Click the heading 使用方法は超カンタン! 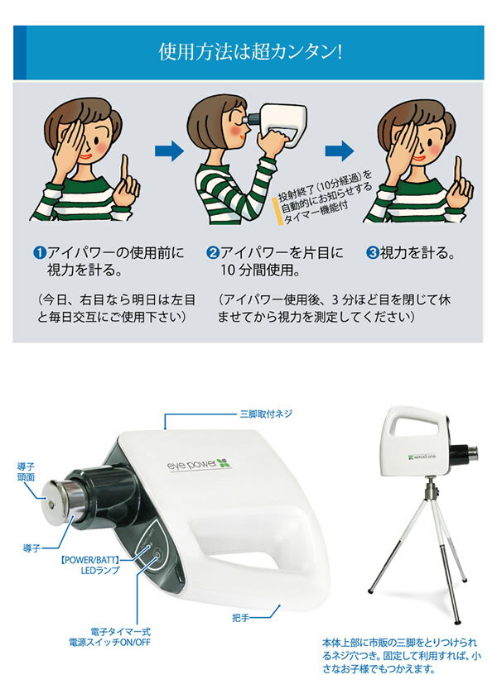pyautogui.click(x=250, y=52)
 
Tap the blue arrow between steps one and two pyautogui.click(x=170, y=151)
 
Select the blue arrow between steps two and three pyautogui.click(x=340, y=151)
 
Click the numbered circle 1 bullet pyautogui.click(x=40, y=253)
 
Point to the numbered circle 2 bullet pyautogui.click(x=213, y=253)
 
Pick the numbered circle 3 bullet pyautogui.click(x=373, y=253)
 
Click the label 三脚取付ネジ pyautogui.click(x=266, y=414)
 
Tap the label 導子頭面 pyautogui.click(x=26, y=472)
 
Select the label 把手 pyautogui.click(x=240, y=618)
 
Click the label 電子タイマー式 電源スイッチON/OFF pyautogui.click(x=109, y=637)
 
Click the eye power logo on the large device pyautogui.click(x=199, y=463)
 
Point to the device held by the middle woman pyautogui.click(x=276, y=122)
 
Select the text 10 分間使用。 pyautogui.click(x=261, y=270)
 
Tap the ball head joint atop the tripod pyautogui.click(x=429, y=487)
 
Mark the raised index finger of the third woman pyautogui.click(x=459, y=172)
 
